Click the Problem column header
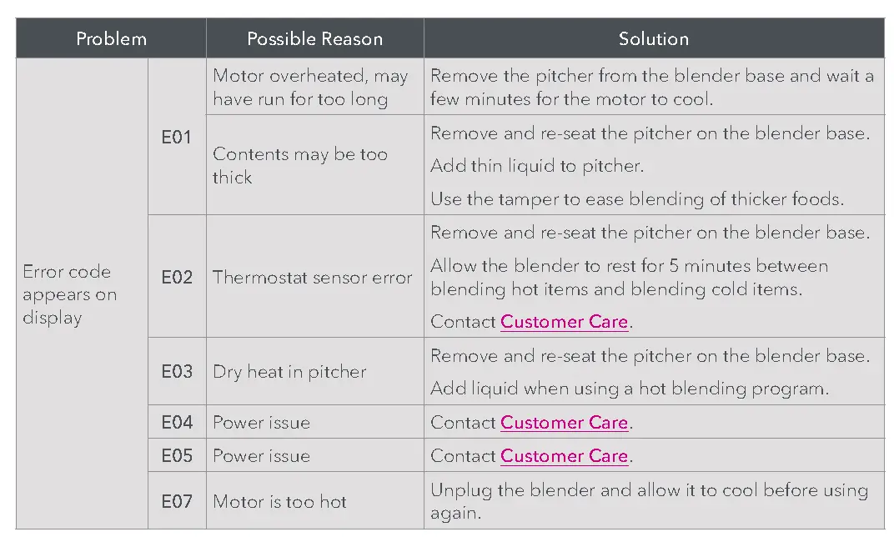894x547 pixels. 111,38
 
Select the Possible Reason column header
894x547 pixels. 314,38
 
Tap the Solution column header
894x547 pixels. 653,38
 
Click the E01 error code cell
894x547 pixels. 176,138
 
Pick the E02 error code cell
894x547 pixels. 177,278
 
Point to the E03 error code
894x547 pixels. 177,372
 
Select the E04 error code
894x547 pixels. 177,422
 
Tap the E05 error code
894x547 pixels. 177,456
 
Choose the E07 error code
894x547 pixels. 177,501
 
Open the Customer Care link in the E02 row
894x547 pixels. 564,322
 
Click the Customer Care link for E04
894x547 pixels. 564,423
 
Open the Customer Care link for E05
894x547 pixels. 564,456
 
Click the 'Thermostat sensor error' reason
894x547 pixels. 313,278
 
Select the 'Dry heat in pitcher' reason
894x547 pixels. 289,372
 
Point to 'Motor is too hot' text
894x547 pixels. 279,502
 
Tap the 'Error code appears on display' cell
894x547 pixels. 69,294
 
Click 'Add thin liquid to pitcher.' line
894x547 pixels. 537,166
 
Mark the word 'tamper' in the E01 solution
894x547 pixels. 528,199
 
